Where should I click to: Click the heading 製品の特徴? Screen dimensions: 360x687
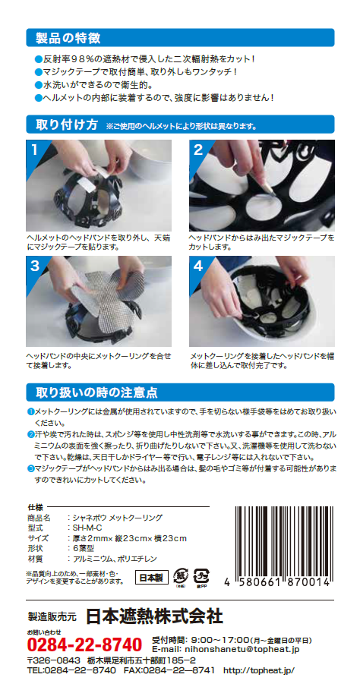tap(68, 38)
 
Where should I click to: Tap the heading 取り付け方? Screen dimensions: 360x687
tap(67, 124)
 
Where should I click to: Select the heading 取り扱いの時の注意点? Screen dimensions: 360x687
tap(96, 392)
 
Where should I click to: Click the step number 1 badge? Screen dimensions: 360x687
tap(34, 150)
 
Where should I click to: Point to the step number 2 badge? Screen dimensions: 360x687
tap(198, 150)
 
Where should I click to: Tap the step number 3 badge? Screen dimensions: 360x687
tap(35, 266)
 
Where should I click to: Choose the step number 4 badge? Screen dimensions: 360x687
tap(198, 266)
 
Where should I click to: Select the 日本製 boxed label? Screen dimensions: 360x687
tap(151, 578)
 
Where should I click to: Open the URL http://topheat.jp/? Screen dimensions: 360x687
tap(259, 670)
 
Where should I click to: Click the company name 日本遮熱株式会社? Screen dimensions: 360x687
tap(154, 616)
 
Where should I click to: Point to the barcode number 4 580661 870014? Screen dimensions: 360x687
tap(276, 584)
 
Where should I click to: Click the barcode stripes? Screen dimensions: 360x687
tap(282, 542)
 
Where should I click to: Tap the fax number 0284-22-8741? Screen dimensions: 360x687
tap(179, 670)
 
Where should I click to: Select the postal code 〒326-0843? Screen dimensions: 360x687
tap(53, 660)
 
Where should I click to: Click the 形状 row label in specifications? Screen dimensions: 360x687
tap(38, 548)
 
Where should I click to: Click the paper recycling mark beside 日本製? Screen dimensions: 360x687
tap(180, 577)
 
